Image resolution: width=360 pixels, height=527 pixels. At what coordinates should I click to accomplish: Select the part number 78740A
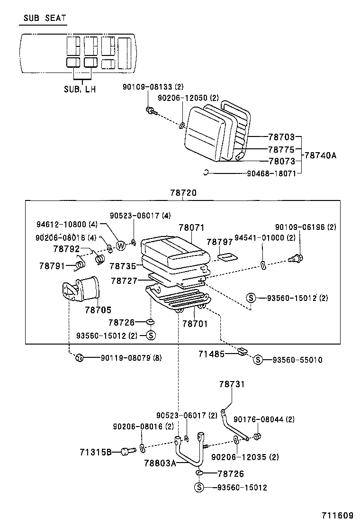pos(320,155)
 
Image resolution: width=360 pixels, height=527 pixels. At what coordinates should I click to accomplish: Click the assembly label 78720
pos(182,193)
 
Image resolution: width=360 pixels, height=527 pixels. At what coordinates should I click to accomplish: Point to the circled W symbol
pos(121,245)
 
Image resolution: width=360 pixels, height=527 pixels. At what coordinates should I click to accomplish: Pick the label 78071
pos(191,228)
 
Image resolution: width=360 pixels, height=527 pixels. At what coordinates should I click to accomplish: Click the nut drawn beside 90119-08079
pos(79,358)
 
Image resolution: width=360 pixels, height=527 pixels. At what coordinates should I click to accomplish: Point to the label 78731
pos(232,384)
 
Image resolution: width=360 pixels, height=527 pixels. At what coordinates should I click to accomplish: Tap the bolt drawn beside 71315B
pos(126,451)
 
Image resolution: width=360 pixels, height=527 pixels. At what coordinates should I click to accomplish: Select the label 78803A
pos(160,463)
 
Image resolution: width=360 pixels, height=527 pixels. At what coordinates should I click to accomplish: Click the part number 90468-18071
pos(271,173)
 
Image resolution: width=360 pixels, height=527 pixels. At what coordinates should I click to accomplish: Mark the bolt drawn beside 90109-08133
pos(150,111)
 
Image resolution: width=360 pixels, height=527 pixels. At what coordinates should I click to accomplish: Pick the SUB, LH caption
pos(79,89)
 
